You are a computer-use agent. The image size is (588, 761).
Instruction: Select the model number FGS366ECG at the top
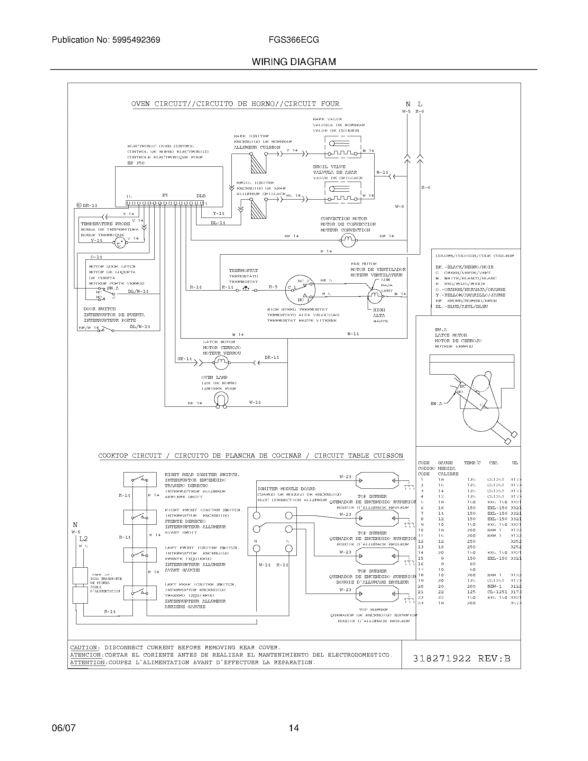click(294, 40)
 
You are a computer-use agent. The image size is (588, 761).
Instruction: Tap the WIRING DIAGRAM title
click(294, 62)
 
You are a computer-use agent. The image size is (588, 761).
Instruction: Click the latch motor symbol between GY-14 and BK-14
click(220, 363)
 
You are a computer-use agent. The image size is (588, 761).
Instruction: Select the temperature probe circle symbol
click(119, 243)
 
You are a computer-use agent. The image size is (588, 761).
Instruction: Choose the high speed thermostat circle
click(300, 290)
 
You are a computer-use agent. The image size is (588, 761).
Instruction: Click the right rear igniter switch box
click(140, 479)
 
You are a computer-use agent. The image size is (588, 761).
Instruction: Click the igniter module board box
click(272, 531)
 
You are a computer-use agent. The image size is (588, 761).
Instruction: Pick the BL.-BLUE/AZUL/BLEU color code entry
click(461, 306)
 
